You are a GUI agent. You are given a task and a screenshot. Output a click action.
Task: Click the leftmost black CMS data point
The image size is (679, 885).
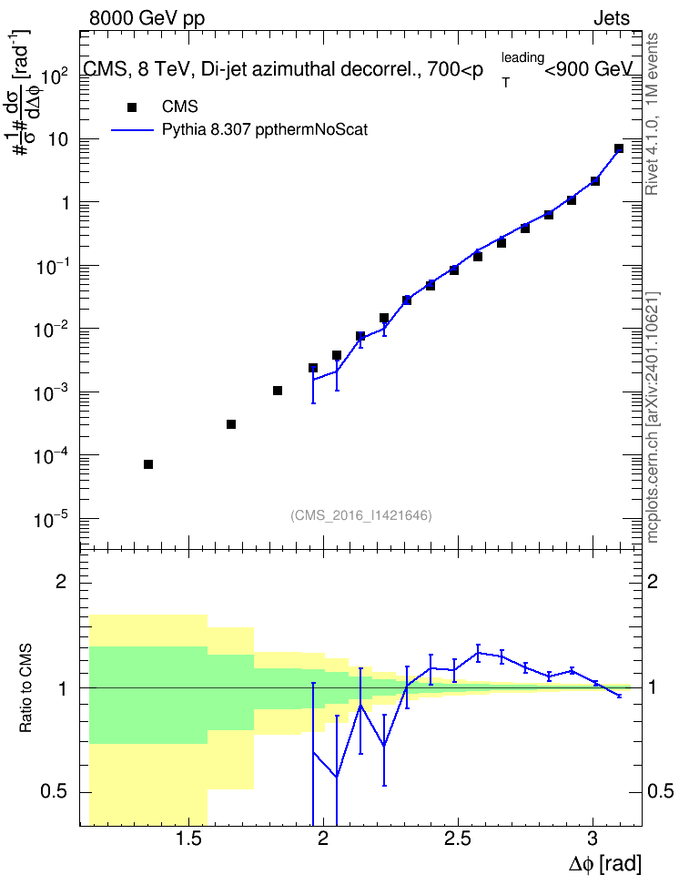tap(148, 464)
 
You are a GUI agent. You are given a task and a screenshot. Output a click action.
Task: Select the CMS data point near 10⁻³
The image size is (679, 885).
tap(277, 391)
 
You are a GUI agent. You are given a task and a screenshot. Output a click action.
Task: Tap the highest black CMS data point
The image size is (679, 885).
tap(619, 148)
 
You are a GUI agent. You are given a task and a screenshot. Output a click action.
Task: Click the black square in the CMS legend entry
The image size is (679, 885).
tap(132, 107)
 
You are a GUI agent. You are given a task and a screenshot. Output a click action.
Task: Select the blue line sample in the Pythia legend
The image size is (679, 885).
tap(133, 130)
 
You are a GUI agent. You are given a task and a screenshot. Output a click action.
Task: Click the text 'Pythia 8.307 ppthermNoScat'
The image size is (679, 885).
tap(265, 130)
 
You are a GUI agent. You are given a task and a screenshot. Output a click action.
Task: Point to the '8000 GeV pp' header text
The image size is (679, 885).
tap(147, 18)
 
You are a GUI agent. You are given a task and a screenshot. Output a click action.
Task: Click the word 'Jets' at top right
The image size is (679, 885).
tap(612, 18)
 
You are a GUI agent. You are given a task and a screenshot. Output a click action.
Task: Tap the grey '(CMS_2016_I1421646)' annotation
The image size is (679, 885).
tap(361, 515)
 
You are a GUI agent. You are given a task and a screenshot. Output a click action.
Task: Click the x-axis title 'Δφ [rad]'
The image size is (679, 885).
tap(605, 864)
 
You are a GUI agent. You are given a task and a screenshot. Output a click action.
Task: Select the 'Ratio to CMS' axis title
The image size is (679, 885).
tap(25, 688)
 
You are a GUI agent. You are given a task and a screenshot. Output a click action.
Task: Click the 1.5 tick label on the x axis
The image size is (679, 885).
tap(188, 839)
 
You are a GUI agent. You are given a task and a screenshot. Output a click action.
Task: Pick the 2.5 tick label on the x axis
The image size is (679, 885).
tap(458, 839)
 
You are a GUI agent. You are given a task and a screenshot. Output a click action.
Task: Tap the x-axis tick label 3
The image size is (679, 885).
tap(593, 839)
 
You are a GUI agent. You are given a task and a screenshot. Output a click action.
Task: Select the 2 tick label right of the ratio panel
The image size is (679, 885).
tap(653, 581)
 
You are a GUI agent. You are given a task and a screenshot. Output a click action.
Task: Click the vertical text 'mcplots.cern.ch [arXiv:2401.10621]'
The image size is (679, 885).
tap(653, 417)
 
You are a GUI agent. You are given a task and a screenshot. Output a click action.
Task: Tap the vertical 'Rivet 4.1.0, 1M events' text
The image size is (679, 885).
tap(652, 114)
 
